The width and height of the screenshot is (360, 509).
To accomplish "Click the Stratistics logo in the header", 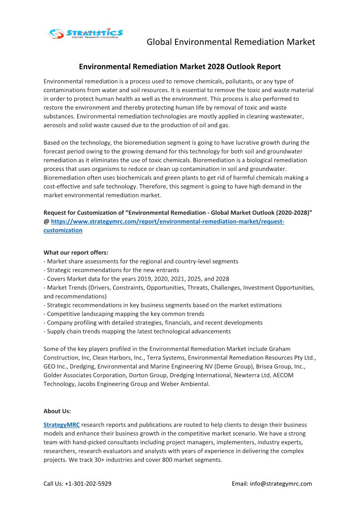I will (x=86, y=33).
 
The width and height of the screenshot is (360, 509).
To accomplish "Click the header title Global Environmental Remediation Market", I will (x=230, y=42).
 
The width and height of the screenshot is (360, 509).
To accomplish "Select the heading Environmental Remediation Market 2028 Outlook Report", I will (x=180, y=67).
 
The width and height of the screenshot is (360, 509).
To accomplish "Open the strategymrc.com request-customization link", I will (x=167, y=222).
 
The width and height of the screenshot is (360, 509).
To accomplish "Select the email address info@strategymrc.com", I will (x=281, y=484).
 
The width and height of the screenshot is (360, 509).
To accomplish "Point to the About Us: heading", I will (x=57, y=411).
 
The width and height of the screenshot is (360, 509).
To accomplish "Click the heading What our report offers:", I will (x=76, y=252).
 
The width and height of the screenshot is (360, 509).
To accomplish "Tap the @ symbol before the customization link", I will (x=46, y=222).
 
